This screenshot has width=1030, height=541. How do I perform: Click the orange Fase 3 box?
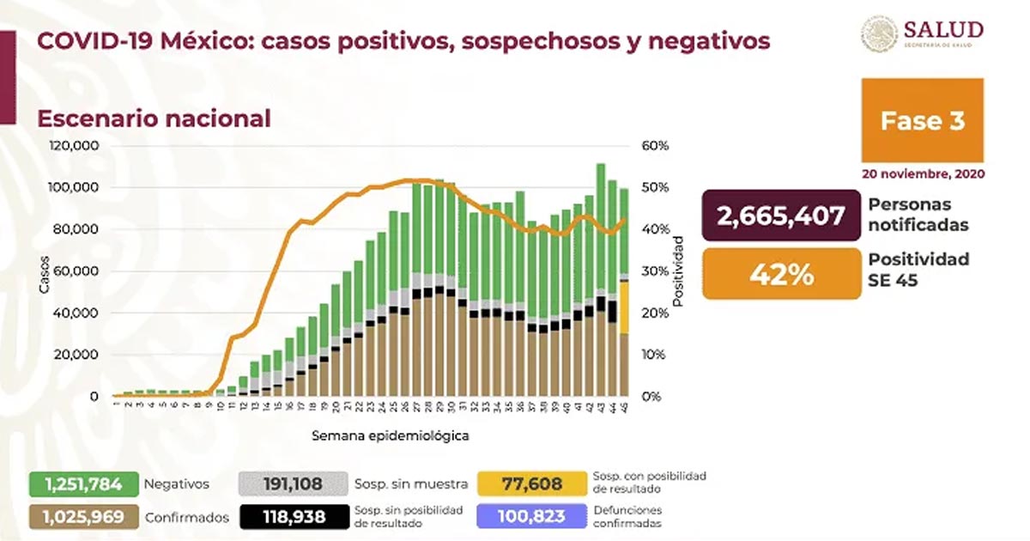click(923, 120)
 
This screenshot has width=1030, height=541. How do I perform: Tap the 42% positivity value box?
click(780, 274)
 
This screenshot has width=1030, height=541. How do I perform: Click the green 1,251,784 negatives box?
click(84, 483)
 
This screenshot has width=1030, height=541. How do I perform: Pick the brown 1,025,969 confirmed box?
click(84, 517)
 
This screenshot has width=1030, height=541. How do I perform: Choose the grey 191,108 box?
click(294, 483)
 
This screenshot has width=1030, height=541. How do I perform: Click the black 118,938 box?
click(294, 517)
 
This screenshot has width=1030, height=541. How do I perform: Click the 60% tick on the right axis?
click(655, 146)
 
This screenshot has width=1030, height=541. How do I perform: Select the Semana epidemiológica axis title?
click(391, 435)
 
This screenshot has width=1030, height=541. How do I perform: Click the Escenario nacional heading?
click(154, 118)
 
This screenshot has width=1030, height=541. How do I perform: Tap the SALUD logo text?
click(942, 29)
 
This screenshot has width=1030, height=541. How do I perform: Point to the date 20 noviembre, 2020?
click(923, 173)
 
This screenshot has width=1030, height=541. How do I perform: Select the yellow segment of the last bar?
click(624, 307)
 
